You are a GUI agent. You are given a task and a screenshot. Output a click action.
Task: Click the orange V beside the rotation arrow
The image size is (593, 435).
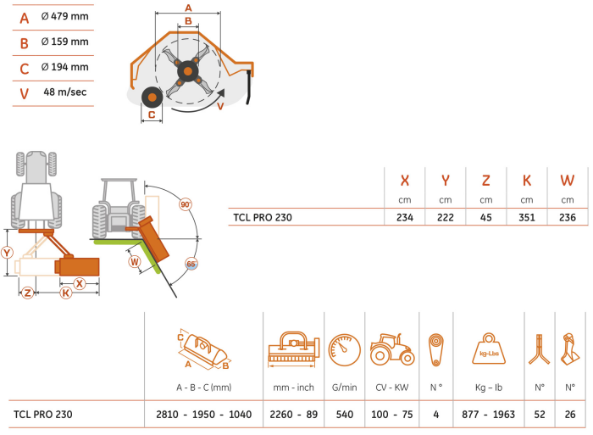219,106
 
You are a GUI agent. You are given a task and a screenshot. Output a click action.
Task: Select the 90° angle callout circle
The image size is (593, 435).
186,204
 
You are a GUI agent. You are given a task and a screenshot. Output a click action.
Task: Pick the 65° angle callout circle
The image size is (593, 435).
191,264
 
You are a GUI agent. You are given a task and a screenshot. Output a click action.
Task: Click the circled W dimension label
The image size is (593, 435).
134,261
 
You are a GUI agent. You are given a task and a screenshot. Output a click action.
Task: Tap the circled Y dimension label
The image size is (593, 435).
8,253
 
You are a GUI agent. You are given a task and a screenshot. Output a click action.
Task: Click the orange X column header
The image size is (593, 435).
405,180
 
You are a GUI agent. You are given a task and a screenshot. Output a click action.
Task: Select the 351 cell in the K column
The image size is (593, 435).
526,217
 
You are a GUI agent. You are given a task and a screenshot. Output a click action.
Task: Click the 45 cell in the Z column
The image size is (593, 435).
485,217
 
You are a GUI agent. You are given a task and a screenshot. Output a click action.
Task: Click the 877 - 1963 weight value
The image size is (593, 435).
488,415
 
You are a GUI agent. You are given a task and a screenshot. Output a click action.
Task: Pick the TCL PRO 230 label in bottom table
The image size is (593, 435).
43,415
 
